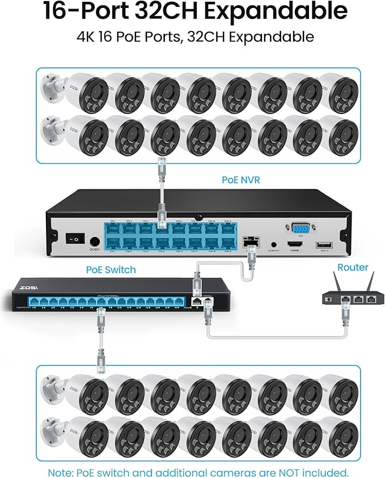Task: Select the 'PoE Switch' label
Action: [x=111, y=269]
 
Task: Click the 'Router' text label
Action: [x=353, y=267]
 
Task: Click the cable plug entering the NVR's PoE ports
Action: [x=161, y=216]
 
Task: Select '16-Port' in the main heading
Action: [x=77, y=11]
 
